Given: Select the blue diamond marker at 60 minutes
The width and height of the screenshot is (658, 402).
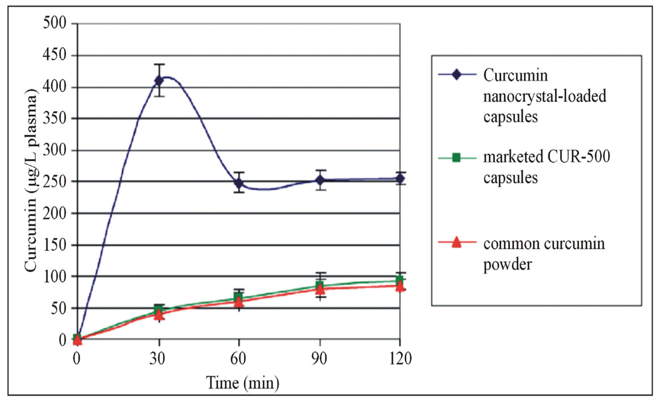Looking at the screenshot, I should [239, 184].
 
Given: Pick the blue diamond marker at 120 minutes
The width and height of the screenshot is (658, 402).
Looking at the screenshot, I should [399, 179].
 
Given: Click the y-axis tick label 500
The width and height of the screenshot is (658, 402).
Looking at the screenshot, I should [54, 23].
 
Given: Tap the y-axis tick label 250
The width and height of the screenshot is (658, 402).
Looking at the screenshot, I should [54, 182].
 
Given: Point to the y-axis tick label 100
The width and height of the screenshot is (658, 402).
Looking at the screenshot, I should [54, 277].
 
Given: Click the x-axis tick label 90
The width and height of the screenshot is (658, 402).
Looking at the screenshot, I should [319, 358].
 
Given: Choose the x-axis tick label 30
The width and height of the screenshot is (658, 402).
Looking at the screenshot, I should [157, 358].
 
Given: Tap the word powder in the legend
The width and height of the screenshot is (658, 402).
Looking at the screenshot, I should [507, 264].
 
